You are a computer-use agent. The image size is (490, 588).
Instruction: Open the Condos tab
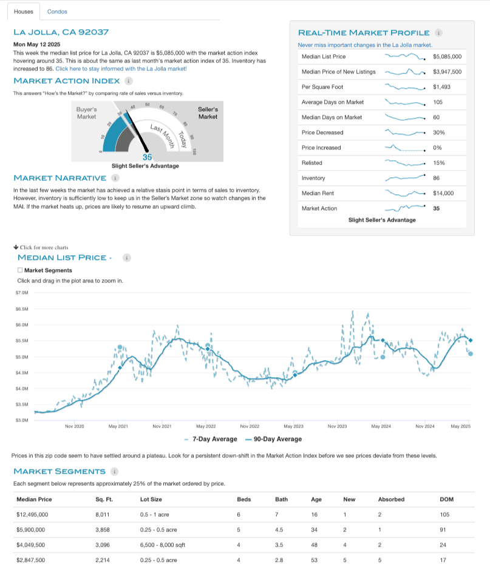57,12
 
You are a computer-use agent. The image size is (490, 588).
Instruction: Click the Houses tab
24,12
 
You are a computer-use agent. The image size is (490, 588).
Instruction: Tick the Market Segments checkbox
20,270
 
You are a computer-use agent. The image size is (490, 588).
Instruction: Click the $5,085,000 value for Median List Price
447,56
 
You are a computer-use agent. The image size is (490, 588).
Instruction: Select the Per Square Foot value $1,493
441,87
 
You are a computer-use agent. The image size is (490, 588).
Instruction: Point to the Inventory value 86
436,178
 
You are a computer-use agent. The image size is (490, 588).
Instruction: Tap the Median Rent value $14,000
443,193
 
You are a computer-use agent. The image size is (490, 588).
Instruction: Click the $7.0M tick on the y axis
23,293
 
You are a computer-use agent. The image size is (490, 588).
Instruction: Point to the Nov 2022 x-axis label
250,426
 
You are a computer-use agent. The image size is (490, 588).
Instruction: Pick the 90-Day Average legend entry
276,439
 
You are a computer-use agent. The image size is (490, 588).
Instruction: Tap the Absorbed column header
391,499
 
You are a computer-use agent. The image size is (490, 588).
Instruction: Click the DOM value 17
443,560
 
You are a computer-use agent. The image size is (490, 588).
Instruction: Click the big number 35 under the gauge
146,157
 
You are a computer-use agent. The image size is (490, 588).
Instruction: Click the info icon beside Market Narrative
115,178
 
